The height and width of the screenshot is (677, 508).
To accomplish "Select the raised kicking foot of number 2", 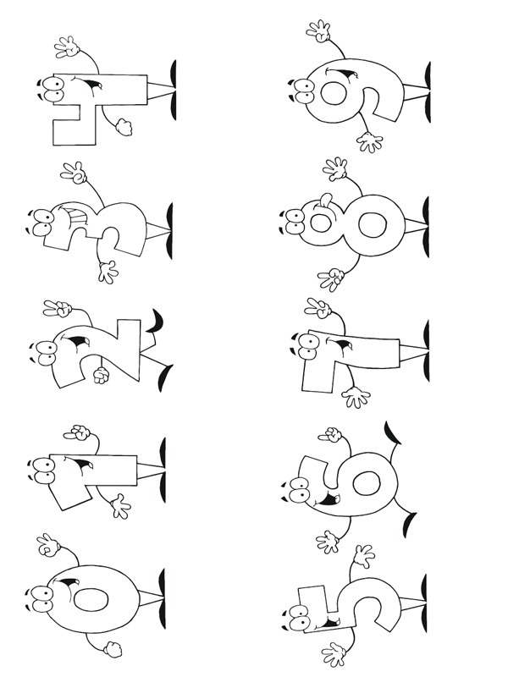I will (x=156, y=322).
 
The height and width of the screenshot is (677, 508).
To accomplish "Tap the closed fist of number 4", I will (x=124, y=127).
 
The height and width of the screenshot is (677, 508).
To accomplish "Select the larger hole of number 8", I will (x=373, y=227).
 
